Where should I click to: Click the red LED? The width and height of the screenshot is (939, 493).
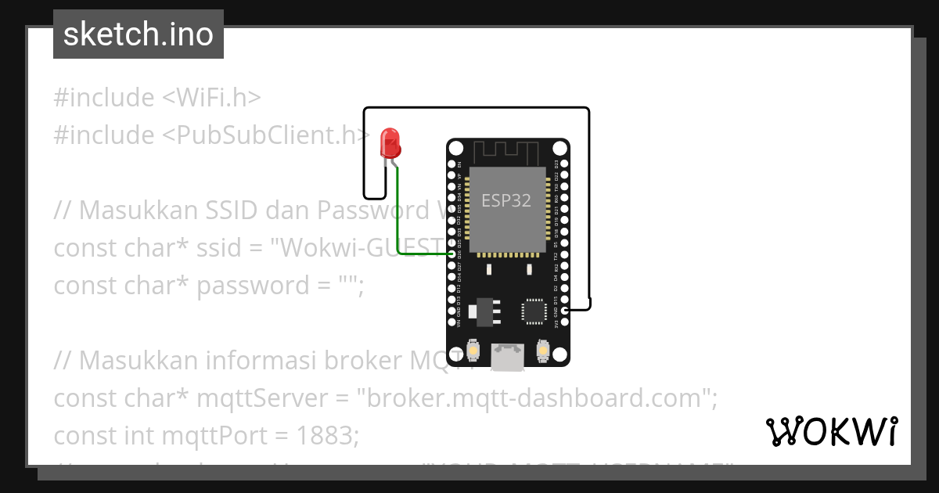[389, 143]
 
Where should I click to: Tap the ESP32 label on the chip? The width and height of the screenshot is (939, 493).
[505, 200]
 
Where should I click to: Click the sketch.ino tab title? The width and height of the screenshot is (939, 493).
[138, 34]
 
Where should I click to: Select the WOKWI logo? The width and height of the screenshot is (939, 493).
[832, 431]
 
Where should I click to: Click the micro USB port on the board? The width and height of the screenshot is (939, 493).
[507, 357]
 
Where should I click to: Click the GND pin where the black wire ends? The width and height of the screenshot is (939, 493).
[565, 311]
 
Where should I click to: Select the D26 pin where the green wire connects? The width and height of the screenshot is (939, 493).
[452, 254]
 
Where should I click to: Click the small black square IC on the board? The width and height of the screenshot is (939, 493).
[535, 310]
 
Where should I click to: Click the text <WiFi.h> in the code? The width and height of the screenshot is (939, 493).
[211, 98]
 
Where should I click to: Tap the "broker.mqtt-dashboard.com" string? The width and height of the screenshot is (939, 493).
[537, 398]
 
